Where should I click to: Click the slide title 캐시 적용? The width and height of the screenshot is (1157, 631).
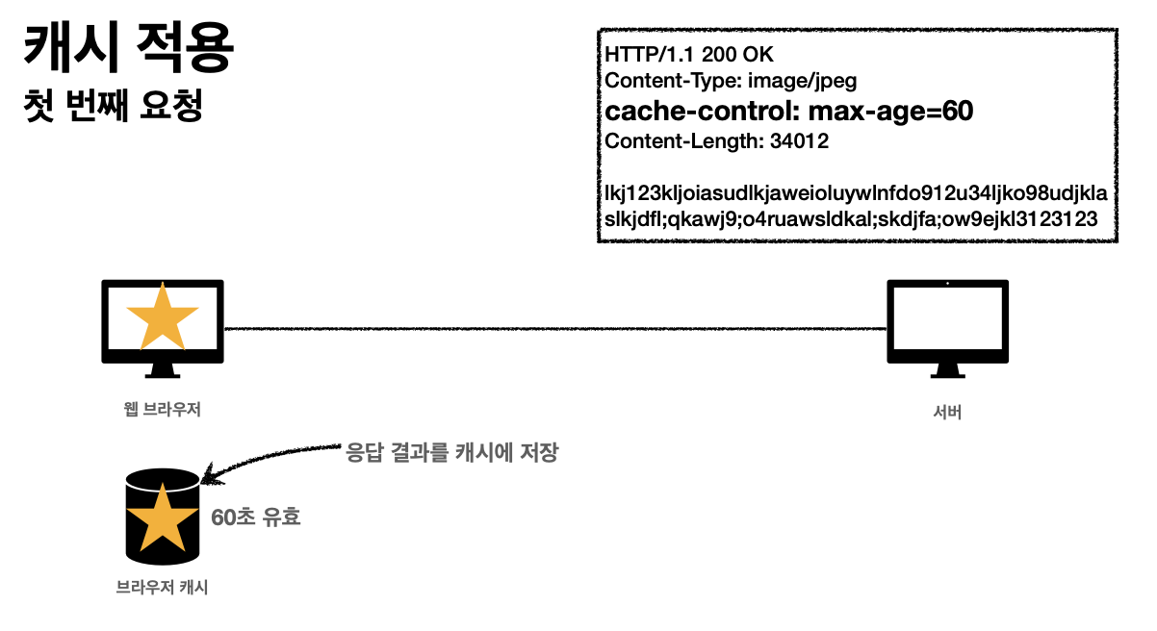pyautogui.click(x=128, y=49)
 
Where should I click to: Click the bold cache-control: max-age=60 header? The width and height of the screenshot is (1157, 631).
pyautogui.click(x=789, y=111)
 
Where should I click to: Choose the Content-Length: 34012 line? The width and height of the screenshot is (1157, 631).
pyautogui.click(x=717, y=141)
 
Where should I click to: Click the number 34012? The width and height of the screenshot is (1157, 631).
pyautogui.click(x=800, y=141)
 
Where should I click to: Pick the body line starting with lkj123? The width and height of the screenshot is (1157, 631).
pyautogui.click(x=855, y=194)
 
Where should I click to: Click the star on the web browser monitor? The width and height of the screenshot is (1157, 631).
pyautogui.click(x=163, y=316)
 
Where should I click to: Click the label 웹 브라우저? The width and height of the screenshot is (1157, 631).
pyautogui.click(x=155, y=409)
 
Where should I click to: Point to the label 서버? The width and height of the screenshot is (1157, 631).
pyautogui.click(x=948, y=413)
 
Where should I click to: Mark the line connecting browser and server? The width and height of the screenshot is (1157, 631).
pyautogui.click(x=554, y=329)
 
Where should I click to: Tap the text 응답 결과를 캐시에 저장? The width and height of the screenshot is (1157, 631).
pyautogui.click(x=451, y=453)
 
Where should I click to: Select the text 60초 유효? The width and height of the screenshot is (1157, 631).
pyautogui.click(x=256, y=517)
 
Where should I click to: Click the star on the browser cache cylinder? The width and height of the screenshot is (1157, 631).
pyautogui.click(x=162, y=518)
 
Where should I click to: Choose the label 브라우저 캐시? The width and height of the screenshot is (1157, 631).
pyautogui.click(x=162, y=587)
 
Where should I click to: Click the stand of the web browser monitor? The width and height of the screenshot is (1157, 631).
pyautogui.click(x=163, y=371)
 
